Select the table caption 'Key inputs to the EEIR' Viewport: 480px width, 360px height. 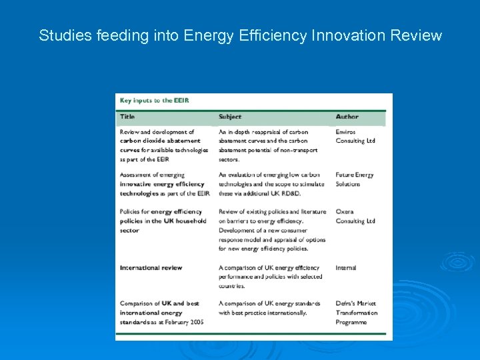154,101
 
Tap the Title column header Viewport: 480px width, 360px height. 127,117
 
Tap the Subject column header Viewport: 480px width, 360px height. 230,117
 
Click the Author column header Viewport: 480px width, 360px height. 347,117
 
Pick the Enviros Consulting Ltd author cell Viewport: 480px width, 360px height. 355,137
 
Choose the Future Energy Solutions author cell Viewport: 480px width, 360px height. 355,179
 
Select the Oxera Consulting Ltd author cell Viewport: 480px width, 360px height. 355,217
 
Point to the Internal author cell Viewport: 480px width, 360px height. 346,268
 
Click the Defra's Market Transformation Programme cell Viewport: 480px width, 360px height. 357,313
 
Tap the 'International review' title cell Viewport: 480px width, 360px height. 151,268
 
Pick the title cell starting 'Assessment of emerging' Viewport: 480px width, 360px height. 164,184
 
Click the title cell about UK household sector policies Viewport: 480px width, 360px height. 163,221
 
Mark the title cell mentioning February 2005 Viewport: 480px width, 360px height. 161,313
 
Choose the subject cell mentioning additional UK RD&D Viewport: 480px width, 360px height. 271,184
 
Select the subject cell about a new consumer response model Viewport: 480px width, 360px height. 272,230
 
